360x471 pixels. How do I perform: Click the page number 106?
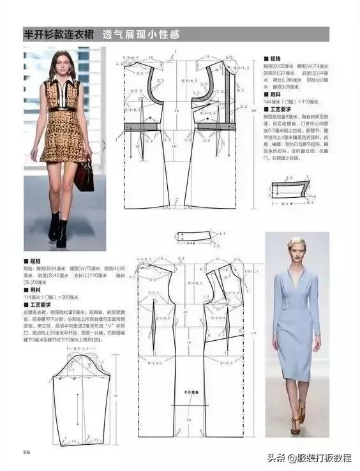[x=27, y=453]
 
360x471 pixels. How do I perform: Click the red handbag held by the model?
[x=84, y=175]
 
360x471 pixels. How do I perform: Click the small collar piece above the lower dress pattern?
[x=195, y=236]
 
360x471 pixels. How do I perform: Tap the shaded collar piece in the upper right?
[x=290, y=189]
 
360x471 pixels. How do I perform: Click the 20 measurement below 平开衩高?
[x=189, y=419]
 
